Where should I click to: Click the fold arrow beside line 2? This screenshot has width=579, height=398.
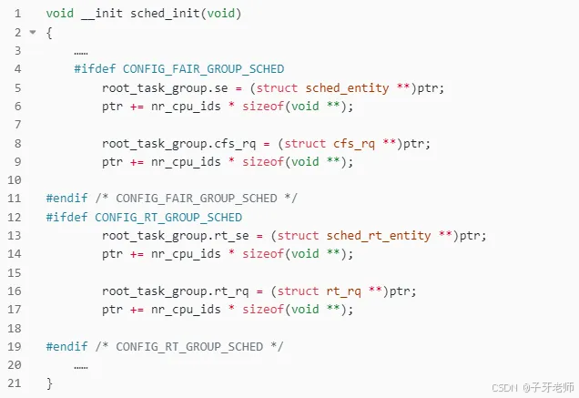33,33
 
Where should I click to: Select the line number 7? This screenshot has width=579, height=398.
16,124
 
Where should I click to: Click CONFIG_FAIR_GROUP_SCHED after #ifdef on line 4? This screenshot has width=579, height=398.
203,68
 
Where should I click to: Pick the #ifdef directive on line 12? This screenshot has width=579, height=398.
67,217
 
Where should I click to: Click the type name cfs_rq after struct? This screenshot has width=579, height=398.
350,143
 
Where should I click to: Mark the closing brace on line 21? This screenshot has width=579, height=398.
49,384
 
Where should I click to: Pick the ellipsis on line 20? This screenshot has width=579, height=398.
81,365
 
